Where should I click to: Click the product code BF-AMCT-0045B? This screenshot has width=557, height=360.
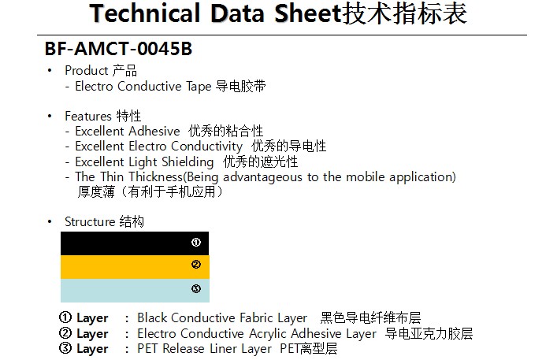tap(118, 49)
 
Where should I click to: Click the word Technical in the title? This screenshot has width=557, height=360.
tap(145, 13)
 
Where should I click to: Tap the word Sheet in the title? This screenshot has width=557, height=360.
tap(307, 13)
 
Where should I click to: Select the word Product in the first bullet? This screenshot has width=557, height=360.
tap(87, 70)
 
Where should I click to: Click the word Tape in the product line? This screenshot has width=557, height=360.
tap(199, 87)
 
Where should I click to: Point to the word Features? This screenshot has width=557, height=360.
tap(88, 116)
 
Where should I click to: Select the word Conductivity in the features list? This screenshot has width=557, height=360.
tap(206, 147)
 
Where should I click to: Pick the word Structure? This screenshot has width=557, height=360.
tap(90, 221)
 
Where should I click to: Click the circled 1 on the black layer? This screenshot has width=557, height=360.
tap(196, 242)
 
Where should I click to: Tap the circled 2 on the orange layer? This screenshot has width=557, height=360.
tap(196, 264)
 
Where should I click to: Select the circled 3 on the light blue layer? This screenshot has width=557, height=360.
tap(196, 288)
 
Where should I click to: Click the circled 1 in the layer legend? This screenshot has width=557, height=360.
tap(65, 317)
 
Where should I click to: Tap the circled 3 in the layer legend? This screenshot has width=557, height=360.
tap(65, 348)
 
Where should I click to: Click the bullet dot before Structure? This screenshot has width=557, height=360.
tap(50, 222)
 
